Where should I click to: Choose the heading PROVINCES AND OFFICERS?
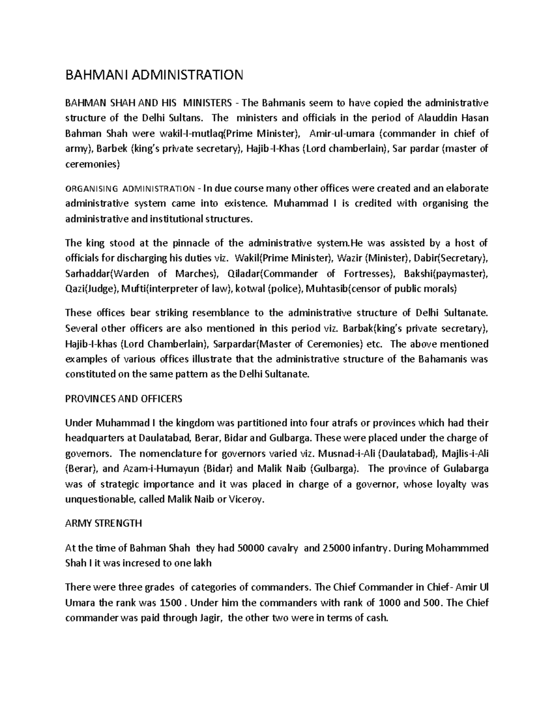124,398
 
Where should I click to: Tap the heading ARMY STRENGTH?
104,524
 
